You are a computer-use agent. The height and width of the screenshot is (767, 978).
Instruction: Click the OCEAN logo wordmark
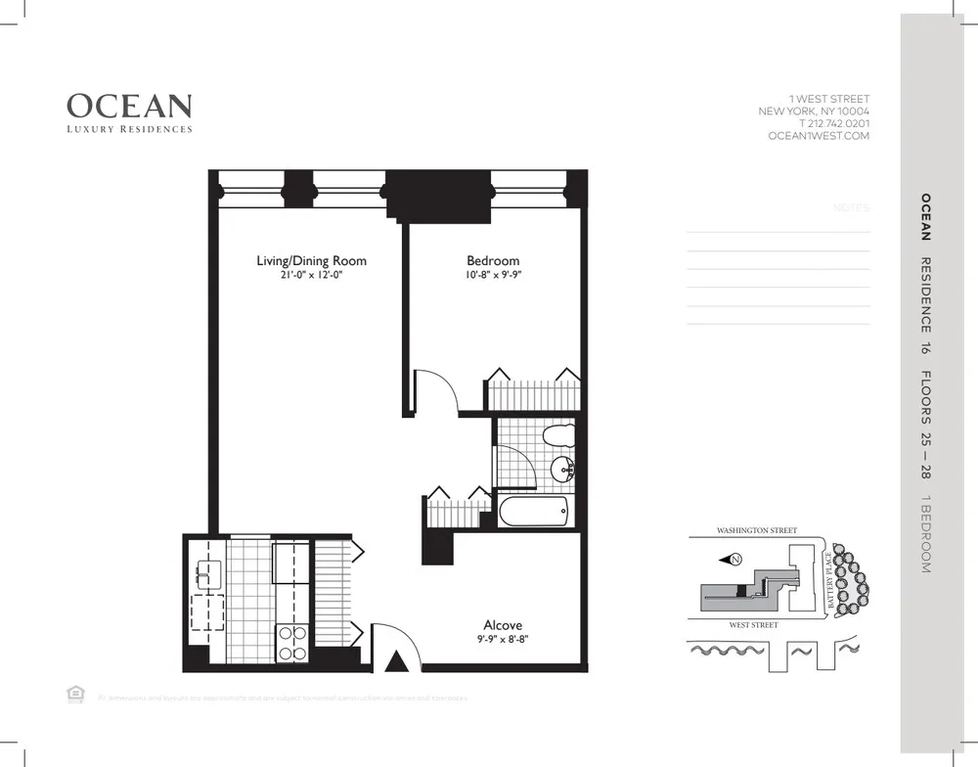(129, 106)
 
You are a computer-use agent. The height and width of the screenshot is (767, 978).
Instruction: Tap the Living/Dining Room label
(311, 260)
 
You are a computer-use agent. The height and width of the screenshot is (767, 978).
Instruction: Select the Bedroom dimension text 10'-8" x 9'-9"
(493, 276)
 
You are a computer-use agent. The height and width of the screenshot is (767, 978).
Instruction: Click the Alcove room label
(503, 625)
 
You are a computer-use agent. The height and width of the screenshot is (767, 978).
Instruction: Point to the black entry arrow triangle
(395, 662)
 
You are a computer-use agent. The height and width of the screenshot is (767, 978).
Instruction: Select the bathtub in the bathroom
(533, 511)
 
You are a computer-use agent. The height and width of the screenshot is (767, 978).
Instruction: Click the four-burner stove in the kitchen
(292, 643)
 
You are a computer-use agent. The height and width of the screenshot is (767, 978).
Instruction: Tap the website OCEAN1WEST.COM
(819, 137)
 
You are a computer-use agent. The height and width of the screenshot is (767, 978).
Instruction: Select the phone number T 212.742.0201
(833, 124)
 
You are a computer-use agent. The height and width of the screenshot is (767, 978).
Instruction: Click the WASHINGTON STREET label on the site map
(756, 530)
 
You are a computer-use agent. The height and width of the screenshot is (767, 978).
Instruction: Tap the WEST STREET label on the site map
(753, 624)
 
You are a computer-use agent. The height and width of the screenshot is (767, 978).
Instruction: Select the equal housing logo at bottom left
(73, 694)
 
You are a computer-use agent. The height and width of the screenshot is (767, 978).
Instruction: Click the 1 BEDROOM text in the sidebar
(925, 534)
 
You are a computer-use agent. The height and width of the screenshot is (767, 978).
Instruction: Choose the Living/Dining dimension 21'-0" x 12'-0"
(311, 276)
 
